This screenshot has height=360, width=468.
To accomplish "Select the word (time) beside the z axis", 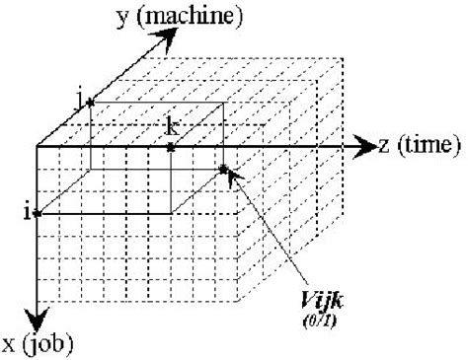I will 427,146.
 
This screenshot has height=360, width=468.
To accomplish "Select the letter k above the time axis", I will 172,126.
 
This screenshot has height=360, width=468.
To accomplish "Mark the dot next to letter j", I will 90,102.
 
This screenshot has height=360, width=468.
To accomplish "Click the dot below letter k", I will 171,147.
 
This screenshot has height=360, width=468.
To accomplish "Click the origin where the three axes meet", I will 38,147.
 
